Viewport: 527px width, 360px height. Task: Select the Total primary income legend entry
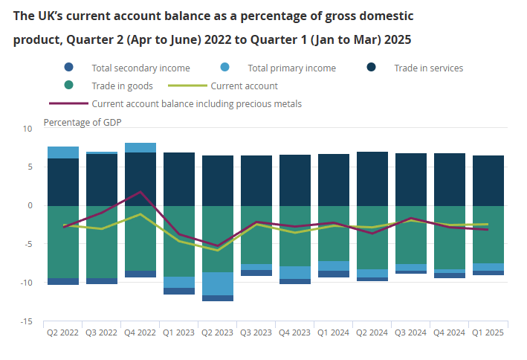pyautogui.click(x=291, y=68)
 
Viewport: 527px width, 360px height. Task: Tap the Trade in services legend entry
pyautogui.click(x=428, y=68)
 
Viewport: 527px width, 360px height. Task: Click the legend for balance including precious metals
pyautogui.click(x=196, y=103)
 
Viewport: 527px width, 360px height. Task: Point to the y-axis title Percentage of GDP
pyautogui.click(x=83, y=122)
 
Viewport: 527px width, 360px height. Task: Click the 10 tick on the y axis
pyautogui.click(x=28, y=129)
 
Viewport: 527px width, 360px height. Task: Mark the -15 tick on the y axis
pyautogui.click(x=27, y=321)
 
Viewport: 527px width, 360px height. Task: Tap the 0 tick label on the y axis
pyautogui.click(x=30, y=206)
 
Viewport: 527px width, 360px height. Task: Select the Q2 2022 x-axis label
pyautogui.click(x=63, y=333)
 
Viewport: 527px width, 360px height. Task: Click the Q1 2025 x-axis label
pyautogui.click(x=488, y=333)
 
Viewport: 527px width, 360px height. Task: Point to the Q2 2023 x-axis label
pyautogui.click(x=218, y=333)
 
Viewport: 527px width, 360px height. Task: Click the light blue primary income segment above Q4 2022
pyautogui.click(x=140, y=147)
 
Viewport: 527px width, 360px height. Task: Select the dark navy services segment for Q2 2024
pyautogui.click(x=372, y=179)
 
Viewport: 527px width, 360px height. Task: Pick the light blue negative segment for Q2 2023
pyautogui.click(x=218, y=283)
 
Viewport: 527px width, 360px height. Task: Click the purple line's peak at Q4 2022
pyautogui.click(x=140, y=192)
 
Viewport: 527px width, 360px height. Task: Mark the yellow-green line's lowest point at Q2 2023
pyautogui.click(x=218, y=250)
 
